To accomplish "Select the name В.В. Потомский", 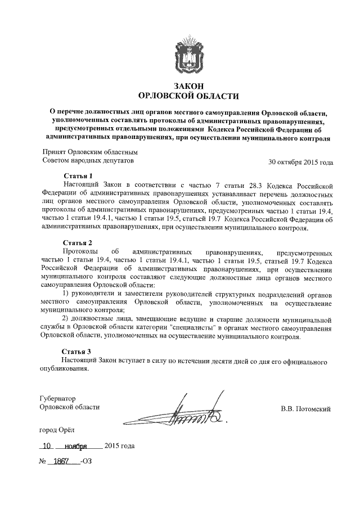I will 307,409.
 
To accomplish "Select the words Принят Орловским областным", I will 91,152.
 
